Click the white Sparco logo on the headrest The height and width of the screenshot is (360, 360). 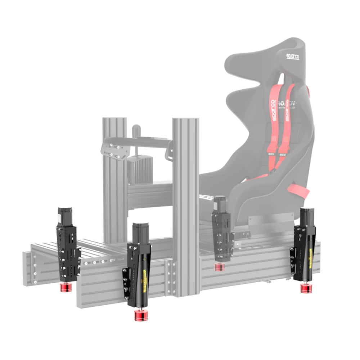pyautogui.click(x=292, y=57)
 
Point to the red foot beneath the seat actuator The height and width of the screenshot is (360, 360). pyautogui.click(x=219, y=267)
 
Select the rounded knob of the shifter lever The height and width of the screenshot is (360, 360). pyautogui.click(x=136, y=129)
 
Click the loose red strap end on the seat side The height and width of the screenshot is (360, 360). pyautogui.click(x=300, y=189)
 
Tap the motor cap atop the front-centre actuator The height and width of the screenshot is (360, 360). pyautogui.click(x=141, y=231)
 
